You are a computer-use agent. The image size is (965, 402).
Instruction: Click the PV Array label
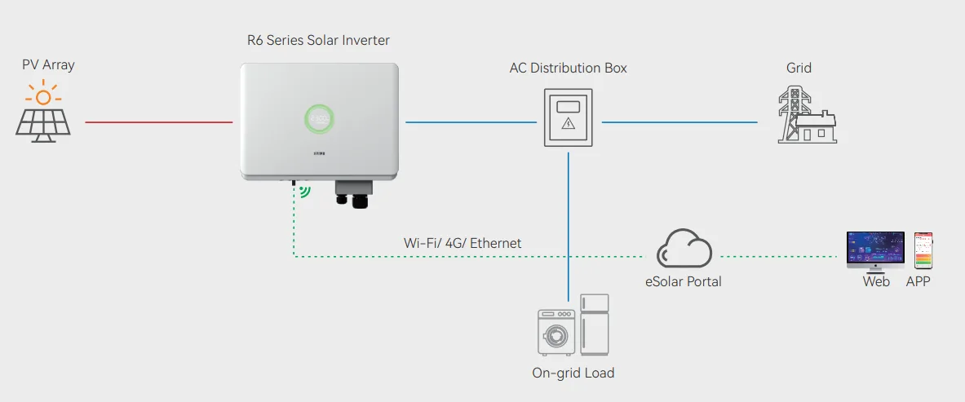(48, 64)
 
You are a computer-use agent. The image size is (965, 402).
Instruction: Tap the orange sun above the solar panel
(43, 94)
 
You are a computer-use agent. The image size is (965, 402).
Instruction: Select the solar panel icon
(43, 126)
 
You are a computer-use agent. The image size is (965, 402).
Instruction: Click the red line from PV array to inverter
(159, 121)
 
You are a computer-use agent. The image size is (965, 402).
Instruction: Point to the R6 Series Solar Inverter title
(318, 41)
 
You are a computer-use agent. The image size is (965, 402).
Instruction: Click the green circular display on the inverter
(320, 118)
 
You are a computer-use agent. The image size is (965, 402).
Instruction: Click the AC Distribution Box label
(568, 68)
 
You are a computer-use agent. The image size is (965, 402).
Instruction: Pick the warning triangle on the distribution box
(568, 124)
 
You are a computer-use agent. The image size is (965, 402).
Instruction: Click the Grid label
(799, 68)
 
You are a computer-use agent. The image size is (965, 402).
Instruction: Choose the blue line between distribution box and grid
(679, 121)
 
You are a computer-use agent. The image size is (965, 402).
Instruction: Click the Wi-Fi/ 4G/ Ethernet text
(463, 243)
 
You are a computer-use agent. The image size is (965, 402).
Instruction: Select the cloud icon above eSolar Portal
(684, 248)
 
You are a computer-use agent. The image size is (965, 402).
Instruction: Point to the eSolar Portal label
(683, 282)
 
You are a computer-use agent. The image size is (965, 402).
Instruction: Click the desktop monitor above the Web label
(875, 252)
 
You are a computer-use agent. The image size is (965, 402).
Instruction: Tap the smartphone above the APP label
(923, 250)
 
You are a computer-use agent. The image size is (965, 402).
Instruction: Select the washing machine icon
(556, 333)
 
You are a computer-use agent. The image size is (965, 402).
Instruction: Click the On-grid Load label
(573, 373)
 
